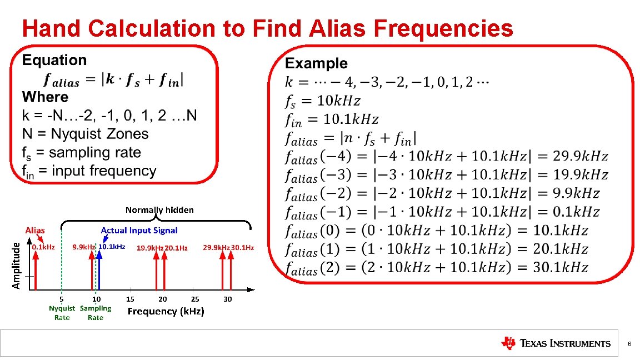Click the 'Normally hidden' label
click(159, 210)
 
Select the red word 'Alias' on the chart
click(35, 230)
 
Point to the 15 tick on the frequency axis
click(131, 299)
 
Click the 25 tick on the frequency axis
click(195, 299)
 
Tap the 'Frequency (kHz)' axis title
click(166, 312)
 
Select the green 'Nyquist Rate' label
click(62, 313)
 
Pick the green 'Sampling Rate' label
click(96, 313)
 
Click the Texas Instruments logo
click(555, 343)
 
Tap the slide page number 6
click(629, 344)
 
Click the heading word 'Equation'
click(54, 61)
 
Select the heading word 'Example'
click(316, 64)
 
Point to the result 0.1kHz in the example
click(577, 212)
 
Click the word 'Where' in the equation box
click(46, 97)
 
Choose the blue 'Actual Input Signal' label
click(139, 230)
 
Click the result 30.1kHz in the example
click(561, 268)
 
